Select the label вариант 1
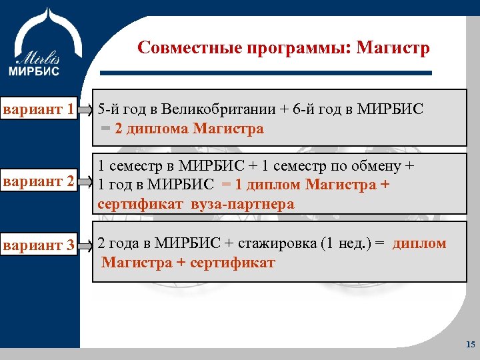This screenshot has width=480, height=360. coord(37,109)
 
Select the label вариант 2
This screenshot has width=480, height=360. coord(37,180)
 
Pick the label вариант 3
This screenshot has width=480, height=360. coord(37,245)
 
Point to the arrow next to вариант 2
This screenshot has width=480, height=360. coord(85,181)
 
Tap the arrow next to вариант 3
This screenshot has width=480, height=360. coord(85,245)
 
